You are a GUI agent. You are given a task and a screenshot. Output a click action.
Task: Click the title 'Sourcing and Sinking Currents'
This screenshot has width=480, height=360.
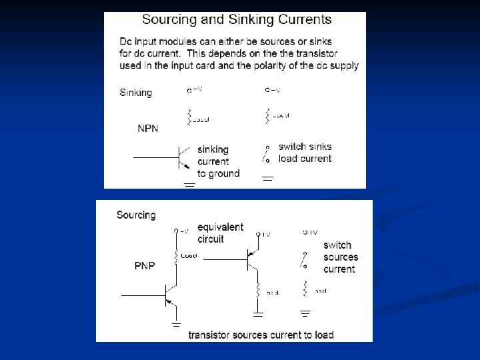237,20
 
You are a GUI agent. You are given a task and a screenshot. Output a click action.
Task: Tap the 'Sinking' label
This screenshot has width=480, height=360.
135,93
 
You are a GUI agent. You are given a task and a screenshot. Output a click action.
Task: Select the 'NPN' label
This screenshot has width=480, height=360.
148,129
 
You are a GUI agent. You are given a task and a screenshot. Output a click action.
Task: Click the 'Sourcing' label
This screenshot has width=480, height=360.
136,215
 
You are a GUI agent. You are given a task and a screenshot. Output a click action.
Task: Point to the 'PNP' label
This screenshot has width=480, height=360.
145,266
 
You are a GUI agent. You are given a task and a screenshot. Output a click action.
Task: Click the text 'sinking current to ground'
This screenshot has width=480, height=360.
217,161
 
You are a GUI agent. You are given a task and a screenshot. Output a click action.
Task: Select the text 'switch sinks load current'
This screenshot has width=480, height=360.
305,153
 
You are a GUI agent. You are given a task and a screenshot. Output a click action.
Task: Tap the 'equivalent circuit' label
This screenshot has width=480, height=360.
220,233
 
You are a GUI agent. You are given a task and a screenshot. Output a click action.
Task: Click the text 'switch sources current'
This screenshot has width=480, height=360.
340,257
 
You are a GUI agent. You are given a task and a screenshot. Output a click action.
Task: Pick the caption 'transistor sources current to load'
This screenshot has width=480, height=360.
261,334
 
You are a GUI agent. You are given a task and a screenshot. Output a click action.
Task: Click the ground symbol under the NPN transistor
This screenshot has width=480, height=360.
189,185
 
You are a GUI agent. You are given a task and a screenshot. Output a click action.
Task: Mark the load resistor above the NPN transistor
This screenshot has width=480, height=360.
190,117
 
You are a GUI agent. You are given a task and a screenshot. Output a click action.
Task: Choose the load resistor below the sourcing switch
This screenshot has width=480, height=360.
305,289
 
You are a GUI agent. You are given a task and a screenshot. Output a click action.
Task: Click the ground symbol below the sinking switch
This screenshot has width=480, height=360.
268,179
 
